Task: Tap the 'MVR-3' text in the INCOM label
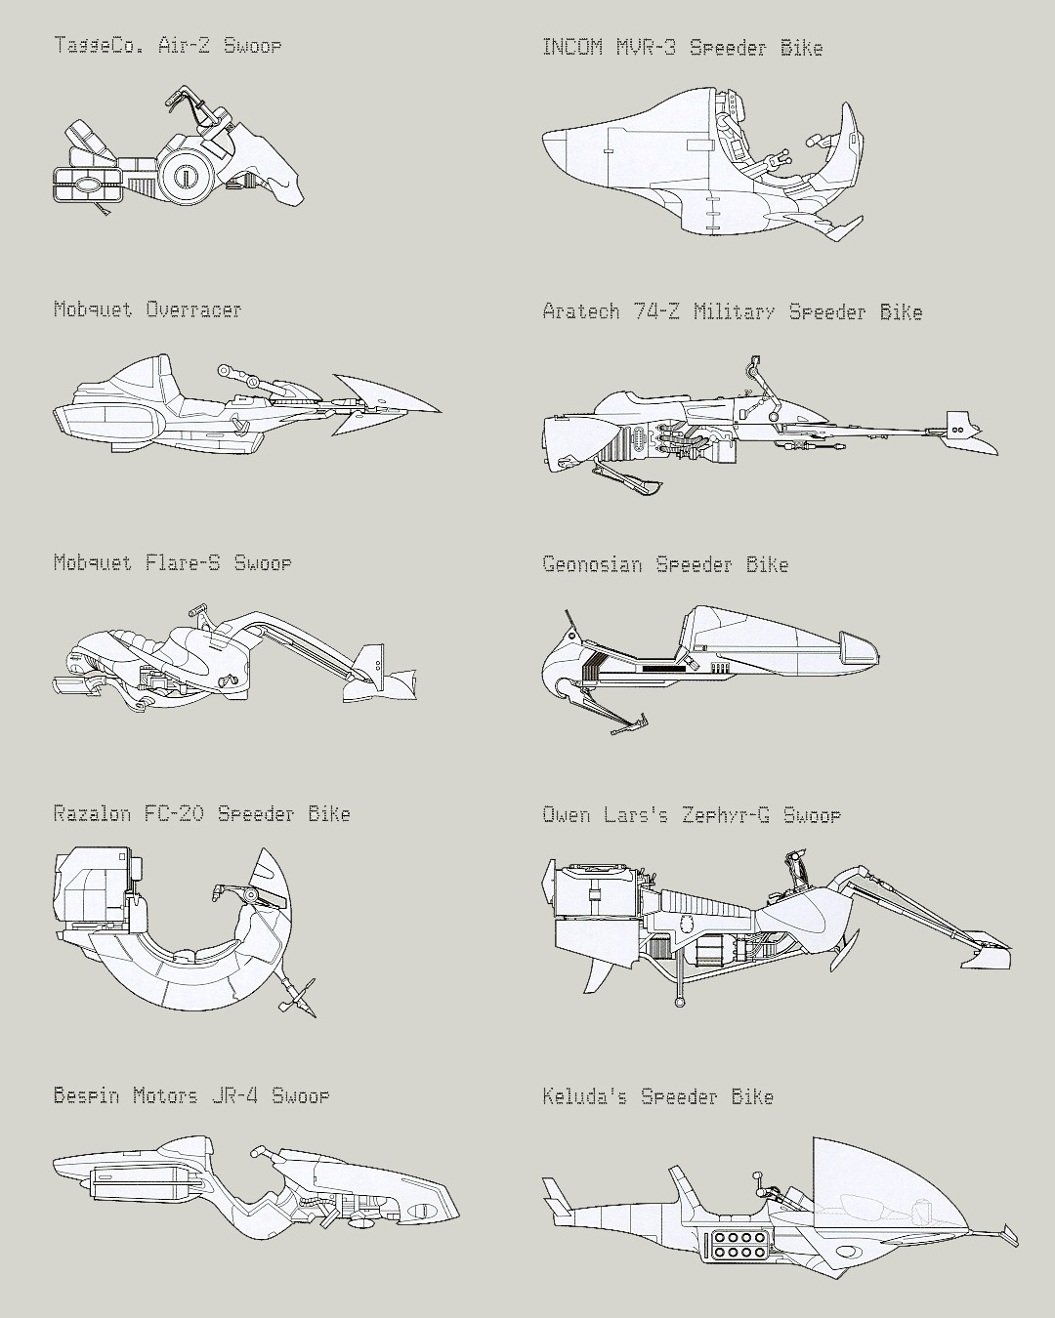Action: coord(646,48)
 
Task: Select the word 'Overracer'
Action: coord(193,309)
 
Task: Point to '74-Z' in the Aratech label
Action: coord(655,311)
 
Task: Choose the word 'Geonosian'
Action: coord(592,564)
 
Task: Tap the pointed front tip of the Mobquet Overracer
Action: coord(440,409)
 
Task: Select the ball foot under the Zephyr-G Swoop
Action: coord(679,1002)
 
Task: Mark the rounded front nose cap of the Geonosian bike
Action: coord(860,650)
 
